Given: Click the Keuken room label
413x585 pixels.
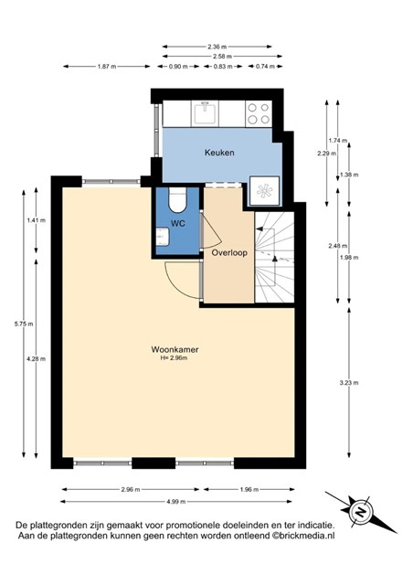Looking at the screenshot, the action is [x=219, y=153].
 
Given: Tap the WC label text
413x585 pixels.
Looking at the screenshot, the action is [x=178, y=223].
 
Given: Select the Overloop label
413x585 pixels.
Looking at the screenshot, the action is [x=229, y=253].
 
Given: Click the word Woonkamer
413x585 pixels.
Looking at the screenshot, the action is [x=175, y=349].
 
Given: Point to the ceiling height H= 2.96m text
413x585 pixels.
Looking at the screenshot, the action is [x=174, y=358].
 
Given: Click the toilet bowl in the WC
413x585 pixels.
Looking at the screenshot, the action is [x=177, y=199].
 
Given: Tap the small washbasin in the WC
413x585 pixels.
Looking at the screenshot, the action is [x=163, y=238].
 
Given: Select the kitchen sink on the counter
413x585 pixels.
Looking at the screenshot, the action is [x=206, y=113].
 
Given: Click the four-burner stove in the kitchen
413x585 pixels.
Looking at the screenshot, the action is [x=259, y=113].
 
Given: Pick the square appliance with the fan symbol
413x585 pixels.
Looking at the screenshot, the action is [x=264, y=191].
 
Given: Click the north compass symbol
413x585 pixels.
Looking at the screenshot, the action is [x=361, y=512].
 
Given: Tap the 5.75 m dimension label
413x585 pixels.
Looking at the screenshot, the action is [x=24, y=324].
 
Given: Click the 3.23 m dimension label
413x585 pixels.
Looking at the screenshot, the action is [x=349, y=383].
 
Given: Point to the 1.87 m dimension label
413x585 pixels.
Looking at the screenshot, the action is [x=107, y=67].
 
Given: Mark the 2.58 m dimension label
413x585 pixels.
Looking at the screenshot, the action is [x=222, y=57].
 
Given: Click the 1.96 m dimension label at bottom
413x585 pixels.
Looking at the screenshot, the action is [x=249, y=490].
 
